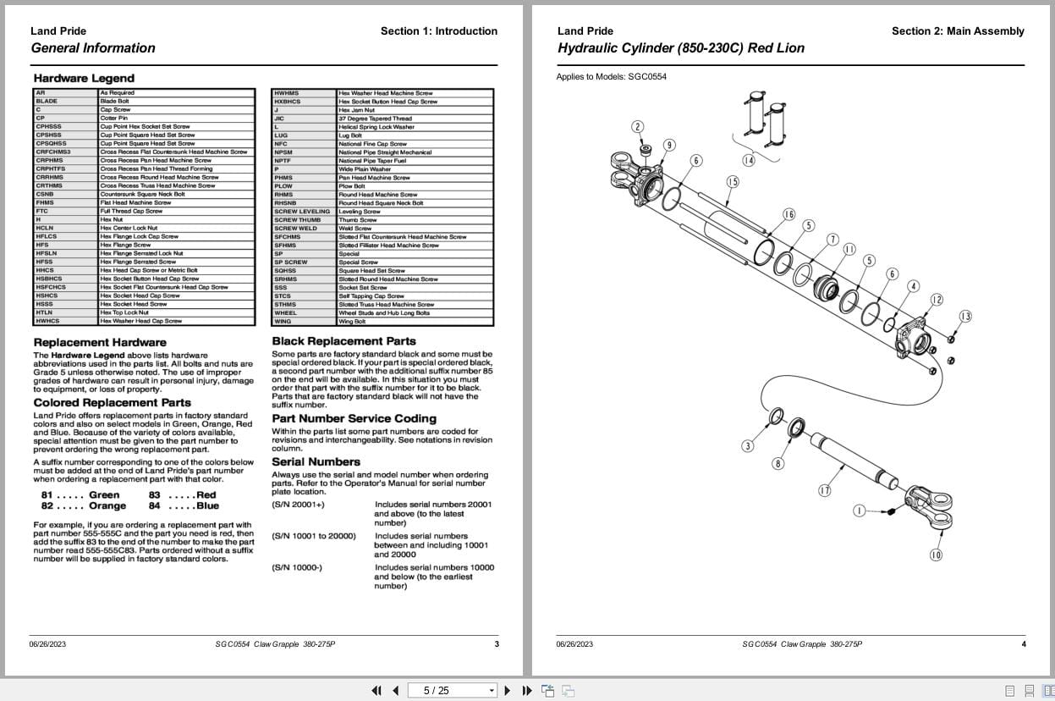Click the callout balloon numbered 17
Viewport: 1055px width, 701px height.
click(824, 490)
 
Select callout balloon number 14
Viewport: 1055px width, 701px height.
click(749, 160)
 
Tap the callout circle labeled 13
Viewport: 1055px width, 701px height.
click(965, 317)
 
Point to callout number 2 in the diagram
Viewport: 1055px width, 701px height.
click(637, 127)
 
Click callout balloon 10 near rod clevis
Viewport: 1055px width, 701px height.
click(936, 555)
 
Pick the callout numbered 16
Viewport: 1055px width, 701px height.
click(789, 214)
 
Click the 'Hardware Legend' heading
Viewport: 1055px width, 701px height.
click(84, 79)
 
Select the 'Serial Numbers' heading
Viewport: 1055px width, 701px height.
click(316, 462)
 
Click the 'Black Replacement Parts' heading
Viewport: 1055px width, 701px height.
click(343, 341)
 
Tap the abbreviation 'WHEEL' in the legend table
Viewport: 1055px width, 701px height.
click(285, 313)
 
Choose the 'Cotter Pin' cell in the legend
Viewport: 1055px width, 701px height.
click(113, 119)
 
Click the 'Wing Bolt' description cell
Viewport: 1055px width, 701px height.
click(352, 322)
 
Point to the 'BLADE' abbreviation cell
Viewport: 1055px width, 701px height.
click(47, 102)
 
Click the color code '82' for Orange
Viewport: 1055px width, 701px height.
click(47, 506)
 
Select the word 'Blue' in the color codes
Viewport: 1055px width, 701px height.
click(208, 506)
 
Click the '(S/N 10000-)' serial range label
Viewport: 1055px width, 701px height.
click(296, 567)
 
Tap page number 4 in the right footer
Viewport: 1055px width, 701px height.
click(1023, 644)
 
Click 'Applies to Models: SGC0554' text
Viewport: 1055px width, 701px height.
click(611, 77)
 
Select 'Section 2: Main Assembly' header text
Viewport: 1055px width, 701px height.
click(957, 31)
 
